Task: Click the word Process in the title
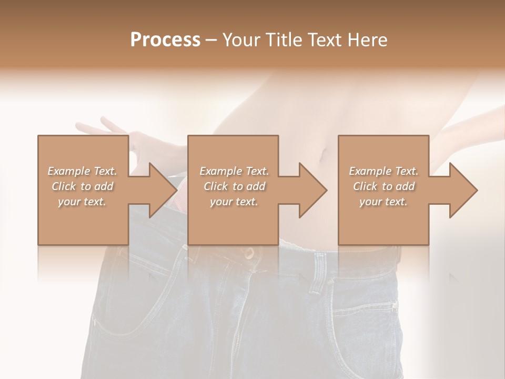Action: pyautogui.click(x=165, y=40)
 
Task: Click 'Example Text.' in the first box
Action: pyautogui.click(x=82, y=171)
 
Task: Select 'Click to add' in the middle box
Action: pyautogui.click(x=234, y=186)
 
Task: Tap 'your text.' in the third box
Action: pyautogui.click(x=383, y=202)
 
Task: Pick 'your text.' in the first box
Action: pyautogui.click(x=82, y=202)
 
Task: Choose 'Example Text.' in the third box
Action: pyautogui.click(x=383, y=171)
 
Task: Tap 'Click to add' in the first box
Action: pyautogui.click(x=82, y=186)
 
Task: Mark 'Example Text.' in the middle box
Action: pyautogui.click(x=234, y=171)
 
